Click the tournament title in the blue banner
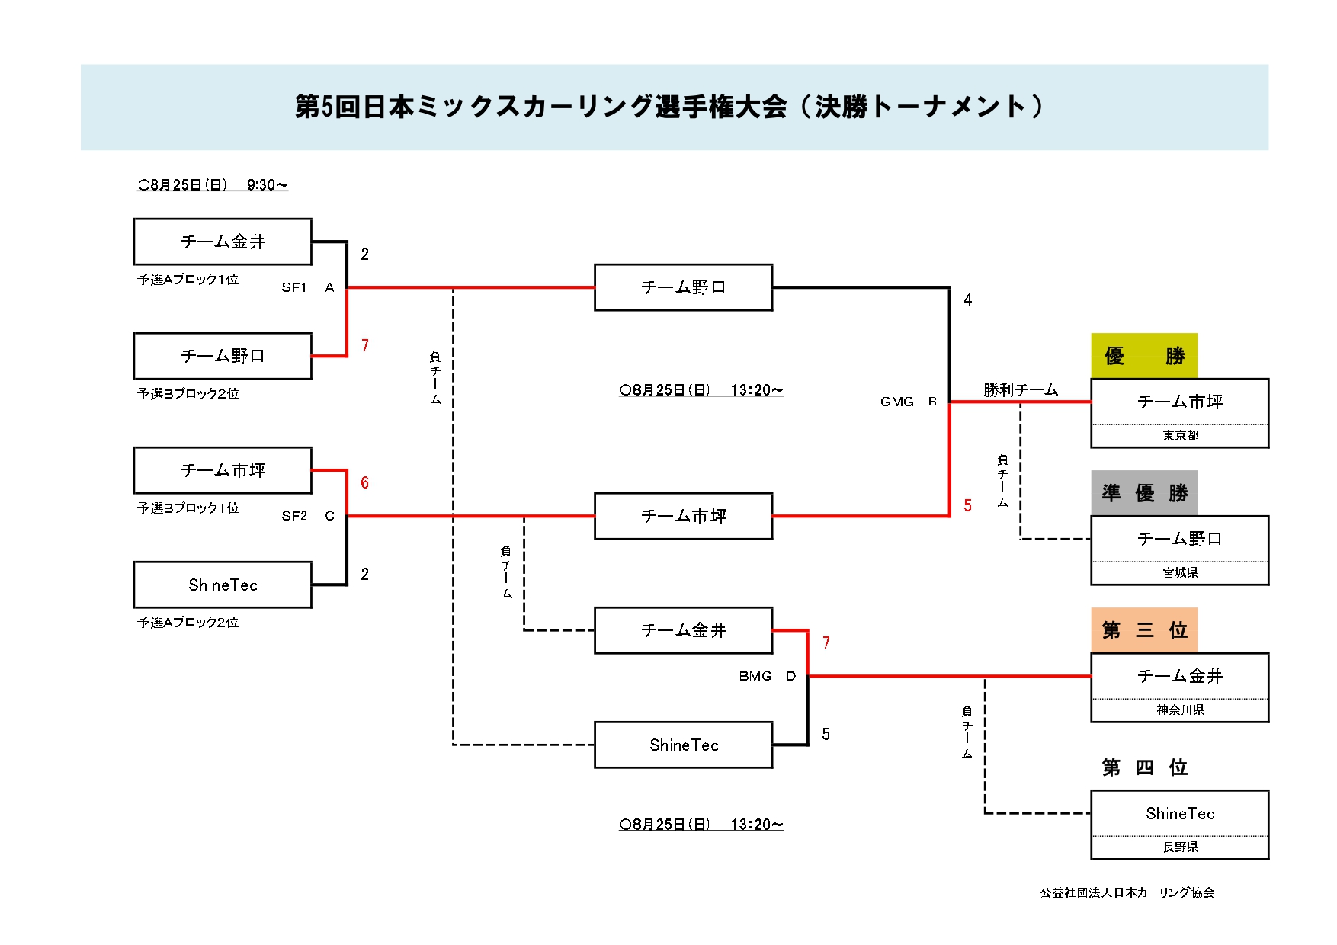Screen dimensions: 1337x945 click(669, 107)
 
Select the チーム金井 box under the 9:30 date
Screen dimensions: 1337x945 click(223, 242)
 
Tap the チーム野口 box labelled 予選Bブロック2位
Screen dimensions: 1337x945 click(223, 356)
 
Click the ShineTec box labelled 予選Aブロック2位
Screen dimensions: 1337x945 click(223, 585)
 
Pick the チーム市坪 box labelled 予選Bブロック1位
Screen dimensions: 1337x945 click(223, 470)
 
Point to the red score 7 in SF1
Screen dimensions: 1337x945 click(365, 345)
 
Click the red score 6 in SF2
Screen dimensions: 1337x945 click(365, 482)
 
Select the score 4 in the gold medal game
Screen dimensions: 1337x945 click(968, 300)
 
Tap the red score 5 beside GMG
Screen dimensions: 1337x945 click(968, 505)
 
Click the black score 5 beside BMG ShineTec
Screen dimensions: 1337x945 click(826, 734)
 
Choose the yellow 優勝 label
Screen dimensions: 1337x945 click(1144, 356)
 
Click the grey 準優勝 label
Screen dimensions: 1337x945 click(1144, 493)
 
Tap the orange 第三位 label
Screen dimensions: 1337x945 click(1144, 630)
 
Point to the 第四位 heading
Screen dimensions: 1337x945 click(1144, 767)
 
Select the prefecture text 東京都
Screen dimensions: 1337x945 click(1180, 435)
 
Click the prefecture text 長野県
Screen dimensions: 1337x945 click(1180, 847)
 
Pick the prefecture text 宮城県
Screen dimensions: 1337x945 click(1180, 572)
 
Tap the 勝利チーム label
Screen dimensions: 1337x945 click(1021, 390)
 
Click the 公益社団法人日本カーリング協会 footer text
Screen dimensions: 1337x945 click(1127, 892)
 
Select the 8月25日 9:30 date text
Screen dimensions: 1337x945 click(213, 184)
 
